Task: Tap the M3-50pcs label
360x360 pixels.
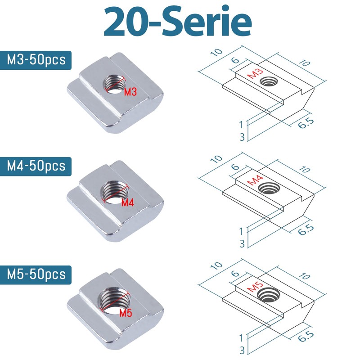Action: [36, 60]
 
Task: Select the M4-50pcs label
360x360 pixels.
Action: [36, 166]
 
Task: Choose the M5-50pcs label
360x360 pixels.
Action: [36, 273]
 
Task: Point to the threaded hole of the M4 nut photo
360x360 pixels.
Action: [115, 191]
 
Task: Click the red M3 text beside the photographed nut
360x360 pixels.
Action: [130, 92]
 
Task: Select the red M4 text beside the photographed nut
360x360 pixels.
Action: [128, 202]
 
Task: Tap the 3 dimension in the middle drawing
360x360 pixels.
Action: [242, 244]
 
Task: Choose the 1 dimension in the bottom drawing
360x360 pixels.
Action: [242, 337]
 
